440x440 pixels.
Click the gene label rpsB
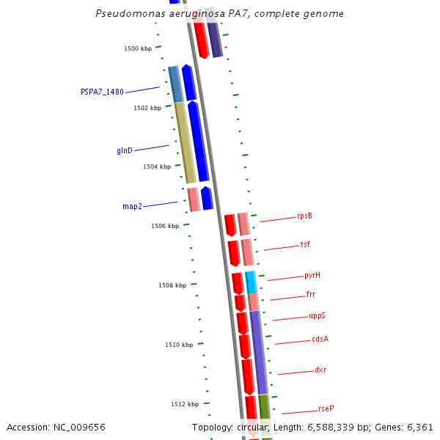[304, 216]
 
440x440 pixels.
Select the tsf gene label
[305, 245]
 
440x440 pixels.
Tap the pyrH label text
[312, 276]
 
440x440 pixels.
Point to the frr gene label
[311, 295]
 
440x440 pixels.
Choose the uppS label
[317, 316]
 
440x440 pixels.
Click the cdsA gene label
[320, 339]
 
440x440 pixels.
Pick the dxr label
[320, 370]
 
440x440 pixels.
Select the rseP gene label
[326, 408]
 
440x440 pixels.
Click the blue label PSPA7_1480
[102, 92]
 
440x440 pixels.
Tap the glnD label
[125, 150]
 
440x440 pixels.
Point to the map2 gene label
[132, 206]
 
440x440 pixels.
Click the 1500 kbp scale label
[138, 48]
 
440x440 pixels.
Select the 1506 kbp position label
[165, 226]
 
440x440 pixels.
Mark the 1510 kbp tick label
[179, 345]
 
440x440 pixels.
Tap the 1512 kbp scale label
[185, 404]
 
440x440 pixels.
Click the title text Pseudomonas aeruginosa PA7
[219, 14]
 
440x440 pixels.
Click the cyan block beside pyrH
[251, 282]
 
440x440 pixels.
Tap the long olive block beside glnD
[185, 142]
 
